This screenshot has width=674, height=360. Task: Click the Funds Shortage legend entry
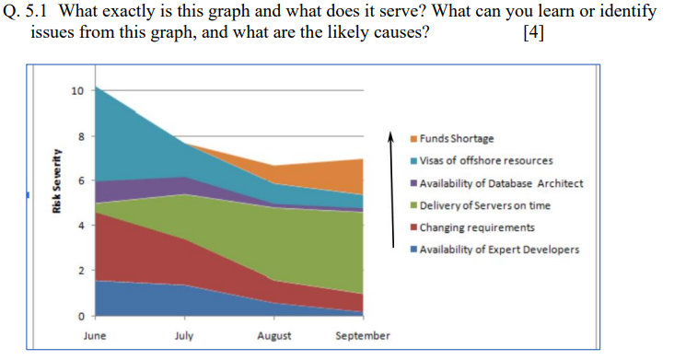[457, 139]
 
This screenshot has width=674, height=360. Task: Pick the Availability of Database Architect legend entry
[501, 183]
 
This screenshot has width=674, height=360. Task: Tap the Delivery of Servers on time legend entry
[487, 205]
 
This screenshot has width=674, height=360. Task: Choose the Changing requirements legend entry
[477, 227]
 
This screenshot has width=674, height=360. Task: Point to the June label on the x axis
[94, 336]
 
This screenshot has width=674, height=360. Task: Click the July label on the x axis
[183, 336]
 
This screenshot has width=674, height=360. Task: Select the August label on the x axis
[274, 336]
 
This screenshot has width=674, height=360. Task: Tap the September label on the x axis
[363, 336]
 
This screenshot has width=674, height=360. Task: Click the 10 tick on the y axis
[76, 91]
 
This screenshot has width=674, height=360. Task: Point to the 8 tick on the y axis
[79, 136]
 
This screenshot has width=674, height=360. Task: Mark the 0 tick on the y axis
[79, 315]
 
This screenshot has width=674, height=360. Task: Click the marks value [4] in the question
[531, 34]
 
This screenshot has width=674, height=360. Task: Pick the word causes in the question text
[402, 34]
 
